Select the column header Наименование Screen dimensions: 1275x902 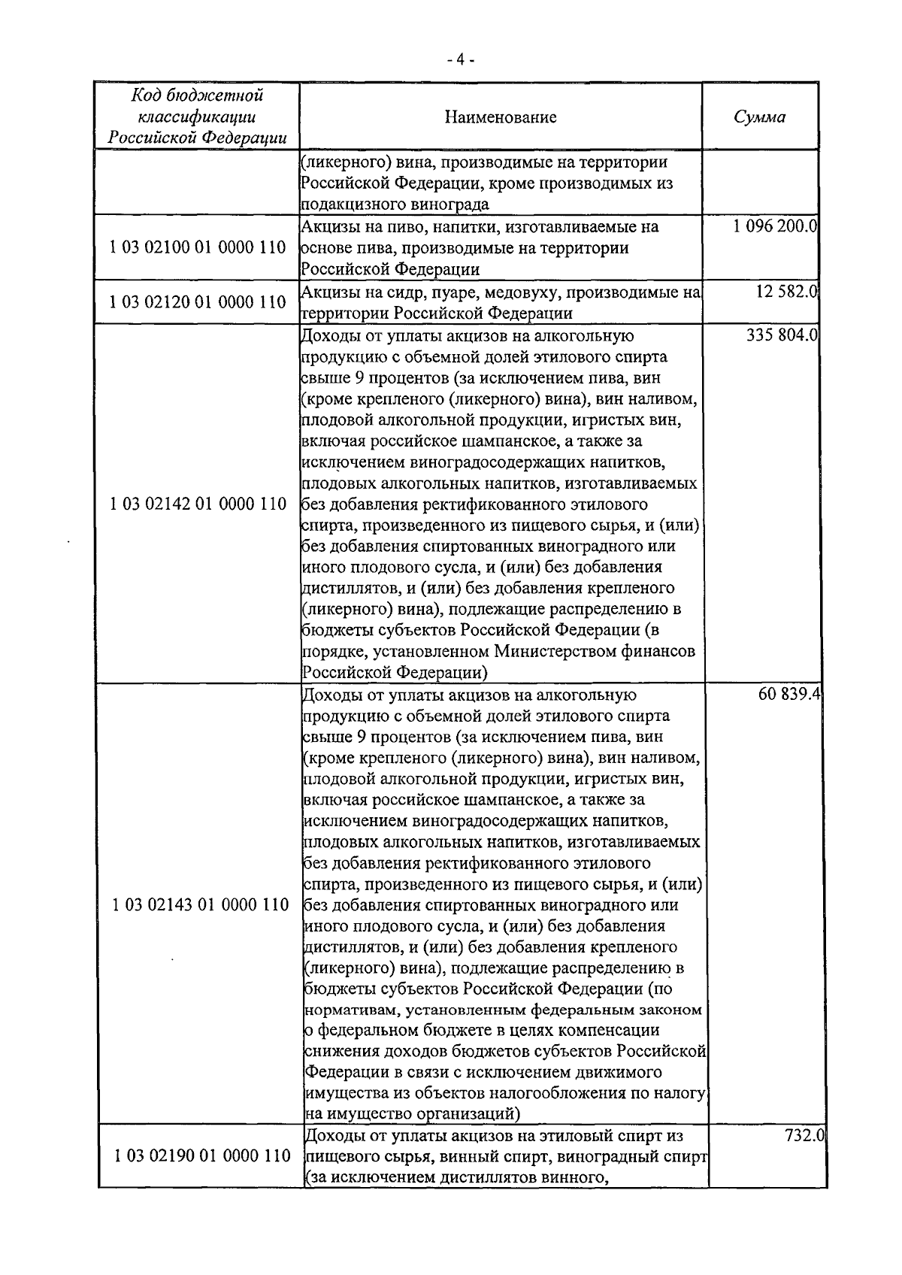500,117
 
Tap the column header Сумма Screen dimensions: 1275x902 759,117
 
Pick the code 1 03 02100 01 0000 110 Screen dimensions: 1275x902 198,247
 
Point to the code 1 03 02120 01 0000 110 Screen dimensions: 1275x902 198,302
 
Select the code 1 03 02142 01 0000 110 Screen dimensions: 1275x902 198,503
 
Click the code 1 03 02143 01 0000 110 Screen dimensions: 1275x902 200,904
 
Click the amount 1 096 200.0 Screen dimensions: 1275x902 775,226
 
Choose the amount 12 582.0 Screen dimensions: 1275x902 786,292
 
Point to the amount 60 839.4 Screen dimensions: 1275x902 788,695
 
